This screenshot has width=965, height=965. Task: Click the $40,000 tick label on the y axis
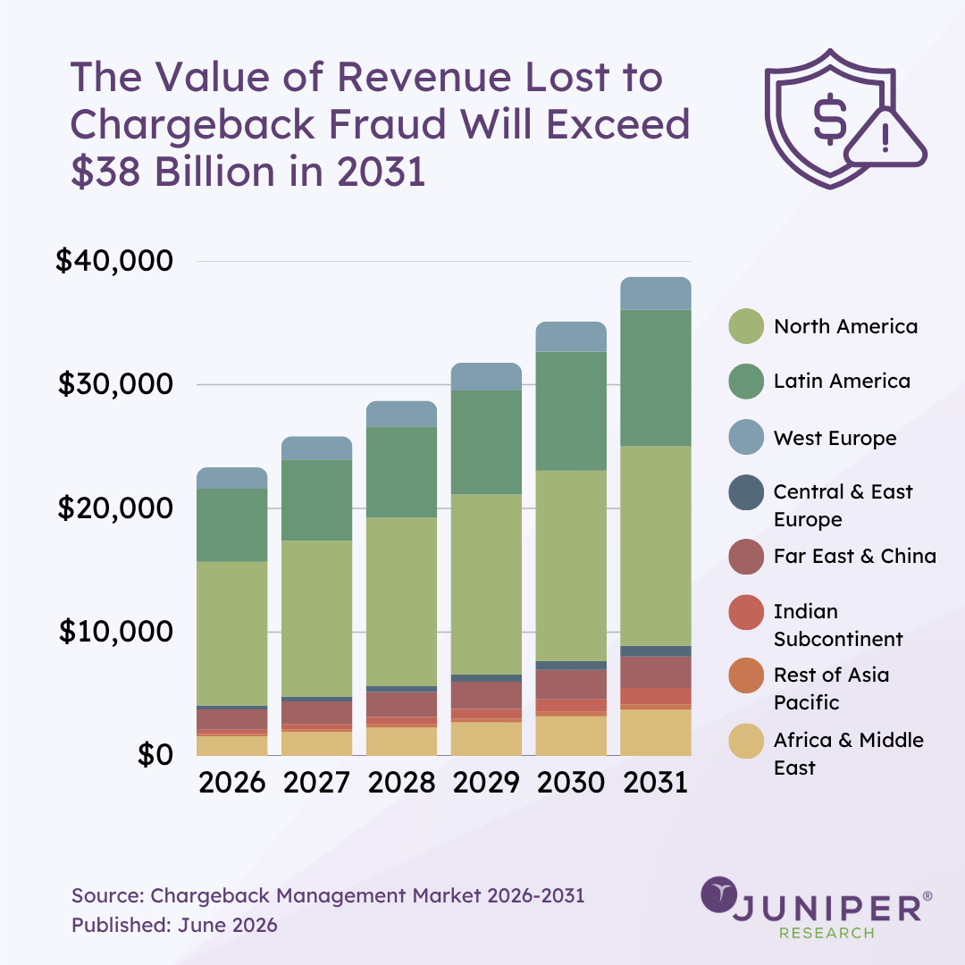(114, 260)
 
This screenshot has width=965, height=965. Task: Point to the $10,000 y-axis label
(115, 632)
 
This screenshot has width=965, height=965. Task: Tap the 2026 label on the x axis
(232, 782)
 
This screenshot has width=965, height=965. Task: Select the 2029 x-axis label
(486, 782)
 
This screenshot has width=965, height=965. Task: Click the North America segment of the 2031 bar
(656, 546)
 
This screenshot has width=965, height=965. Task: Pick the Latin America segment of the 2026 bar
(232, 525)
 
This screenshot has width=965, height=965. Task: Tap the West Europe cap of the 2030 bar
(571, 337)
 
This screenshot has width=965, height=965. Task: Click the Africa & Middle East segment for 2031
(656, 733)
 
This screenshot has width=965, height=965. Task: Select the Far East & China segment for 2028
(401, 705)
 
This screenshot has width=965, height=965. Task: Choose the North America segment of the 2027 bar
(317, 618)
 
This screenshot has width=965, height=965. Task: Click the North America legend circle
(746, 326)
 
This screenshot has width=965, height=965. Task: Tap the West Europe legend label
(835, 438)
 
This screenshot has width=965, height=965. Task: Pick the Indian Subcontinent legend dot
(746, 612)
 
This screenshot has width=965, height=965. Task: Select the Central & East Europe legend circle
(746, 492)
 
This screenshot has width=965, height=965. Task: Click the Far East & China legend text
(855, 557)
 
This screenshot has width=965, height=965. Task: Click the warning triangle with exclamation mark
(885, 138)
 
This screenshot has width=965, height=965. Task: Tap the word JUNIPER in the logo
(827, 908)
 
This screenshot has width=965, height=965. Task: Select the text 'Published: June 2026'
(175, 925)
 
